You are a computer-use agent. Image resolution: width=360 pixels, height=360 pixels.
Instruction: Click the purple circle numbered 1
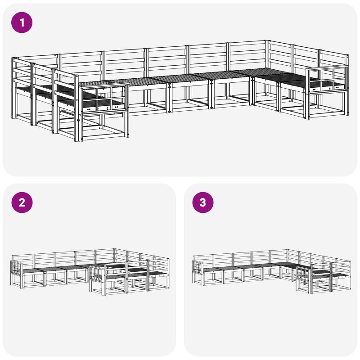click(22, 22)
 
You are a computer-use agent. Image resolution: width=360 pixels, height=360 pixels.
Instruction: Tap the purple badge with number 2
click(22, 202)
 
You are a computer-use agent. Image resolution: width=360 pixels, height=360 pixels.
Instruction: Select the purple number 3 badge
click(203, 202)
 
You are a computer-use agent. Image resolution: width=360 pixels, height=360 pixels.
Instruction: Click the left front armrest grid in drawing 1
click(104, 99)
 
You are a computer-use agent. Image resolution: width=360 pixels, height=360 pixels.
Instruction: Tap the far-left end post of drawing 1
click(13, 88)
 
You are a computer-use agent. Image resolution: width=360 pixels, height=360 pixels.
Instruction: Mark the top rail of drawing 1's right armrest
click(327, 67)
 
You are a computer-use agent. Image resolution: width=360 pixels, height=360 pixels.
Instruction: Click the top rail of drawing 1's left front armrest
click(104, 85)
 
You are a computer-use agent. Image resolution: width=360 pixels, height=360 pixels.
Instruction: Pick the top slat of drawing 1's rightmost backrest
click(334, 53)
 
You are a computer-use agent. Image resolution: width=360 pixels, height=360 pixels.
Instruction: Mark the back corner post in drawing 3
click(288, 256)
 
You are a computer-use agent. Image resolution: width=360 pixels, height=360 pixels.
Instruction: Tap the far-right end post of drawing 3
click(351, 275)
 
